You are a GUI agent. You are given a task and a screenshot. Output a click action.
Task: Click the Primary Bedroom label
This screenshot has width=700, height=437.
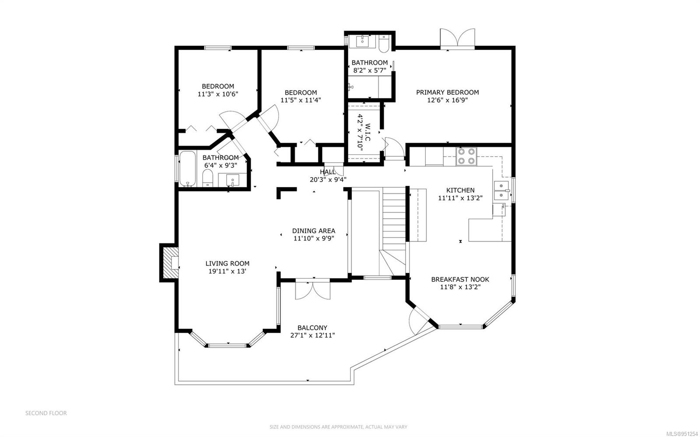[447, 92]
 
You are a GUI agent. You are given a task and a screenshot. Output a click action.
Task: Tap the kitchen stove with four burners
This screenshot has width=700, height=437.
[466, 156]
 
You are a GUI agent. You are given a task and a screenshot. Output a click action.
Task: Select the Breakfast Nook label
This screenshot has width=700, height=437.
[460, 280]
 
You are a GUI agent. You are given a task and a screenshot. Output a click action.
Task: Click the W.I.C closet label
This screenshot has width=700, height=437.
[367, 132]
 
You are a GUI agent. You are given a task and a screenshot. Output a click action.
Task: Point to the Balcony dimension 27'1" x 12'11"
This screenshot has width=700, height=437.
[312, 336]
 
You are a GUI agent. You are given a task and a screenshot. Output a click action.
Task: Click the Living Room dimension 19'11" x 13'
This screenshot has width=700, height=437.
[227, 271]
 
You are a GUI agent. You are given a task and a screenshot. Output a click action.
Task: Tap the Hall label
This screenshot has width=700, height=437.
[328, 172]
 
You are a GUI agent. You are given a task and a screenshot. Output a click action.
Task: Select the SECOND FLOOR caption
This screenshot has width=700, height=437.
[46, 413]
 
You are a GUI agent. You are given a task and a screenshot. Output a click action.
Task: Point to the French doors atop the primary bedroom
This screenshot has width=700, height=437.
[457, 38]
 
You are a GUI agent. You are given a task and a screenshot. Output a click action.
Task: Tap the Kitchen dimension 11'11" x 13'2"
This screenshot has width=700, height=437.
[460, 198]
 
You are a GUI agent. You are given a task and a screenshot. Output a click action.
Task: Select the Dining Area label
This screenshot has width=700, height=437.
[314, 231]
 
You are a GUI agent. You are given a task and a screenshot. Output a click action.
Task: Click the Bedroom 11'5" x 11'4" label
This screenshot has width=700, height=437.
[301, 92]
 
